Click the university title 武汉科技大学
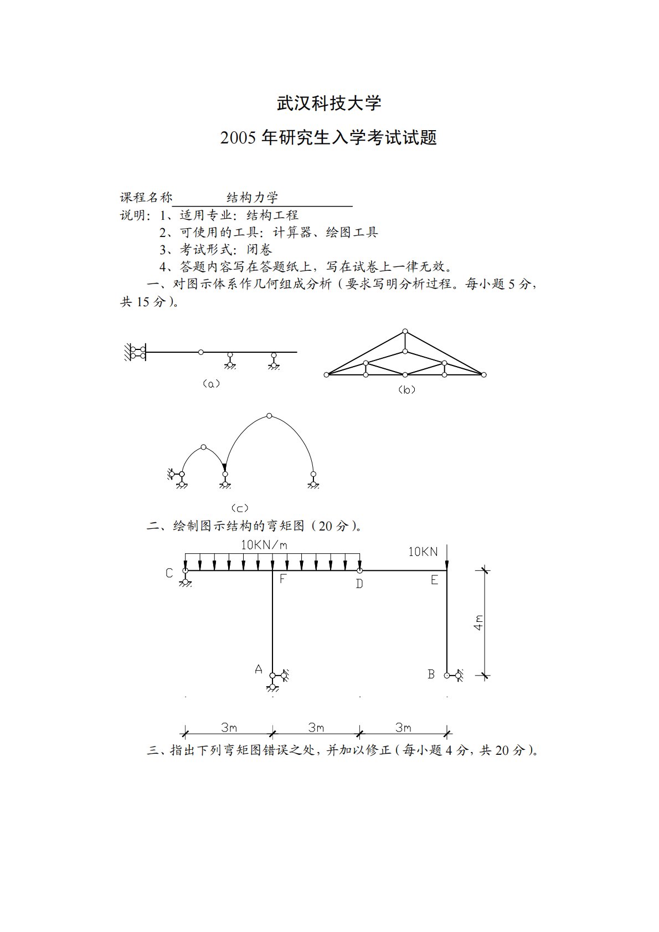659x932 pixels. (329, 104)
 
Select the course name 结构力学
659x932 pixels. (253, 198)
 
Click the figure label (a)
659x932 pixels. (211, 383)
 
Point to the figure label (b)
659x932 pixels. (406, 390)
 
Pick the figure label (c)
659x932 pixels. (239, 508)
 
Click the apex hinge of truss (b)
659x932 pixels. (405, 332)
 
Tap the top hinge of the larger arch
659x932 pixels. (269, 415)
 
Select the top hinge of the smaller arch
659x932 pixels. (203, 447)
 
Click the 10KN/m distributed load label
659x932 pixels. (264, 545)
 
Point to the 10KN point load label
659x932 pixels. (423, 552)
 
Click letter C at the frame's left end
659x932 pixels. (169, 573)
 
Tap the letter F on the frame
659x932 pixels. (282, 579)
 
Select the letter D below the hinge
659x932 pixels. (359, 584)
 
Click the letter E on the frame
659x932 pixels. (434, 580)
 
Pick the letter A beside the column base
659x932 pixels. (258, 670)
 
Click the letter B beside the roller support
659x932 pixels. (431, 674)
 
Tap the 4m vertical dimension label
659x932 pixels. (478, 622)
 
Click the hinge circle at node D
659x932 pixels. (359, 570)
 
